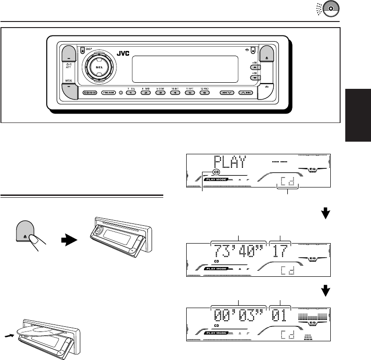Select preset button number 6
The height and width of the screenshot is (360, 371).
[204, 93]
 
